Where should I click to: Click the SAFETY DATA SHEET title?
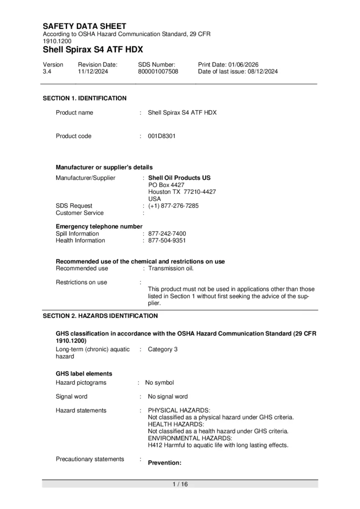point(85,26)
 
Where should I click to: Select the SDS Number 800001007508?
point(158,71)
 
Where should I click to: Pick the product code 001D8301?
point(162,136)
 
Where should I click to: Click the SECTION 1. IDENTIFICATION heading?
point(85,98)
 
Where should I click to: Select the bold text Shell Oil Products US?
point(179,178)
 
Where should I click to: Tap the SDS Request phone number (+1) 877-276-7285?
point(173,206)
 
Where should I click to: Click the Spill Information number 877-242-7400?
point(167,234)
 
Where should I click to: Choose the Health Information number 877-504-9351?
point(167,241)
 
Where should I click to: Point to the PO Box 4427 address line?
point(166,185)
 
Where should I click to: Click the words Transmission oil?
point(171,268)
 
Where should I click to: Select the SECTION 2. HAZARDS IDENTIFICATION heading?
point(100,316)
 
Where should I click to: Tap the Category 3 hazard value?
point(162,349)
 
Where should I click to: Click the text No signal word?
point(168,397)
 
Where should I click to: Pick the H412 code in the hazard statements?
point(155,445)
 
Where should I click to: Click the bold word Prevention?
point(165,462)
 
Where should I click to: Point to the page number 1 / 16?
point(180,484)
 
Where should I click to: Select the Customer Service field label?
point(80,213)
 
